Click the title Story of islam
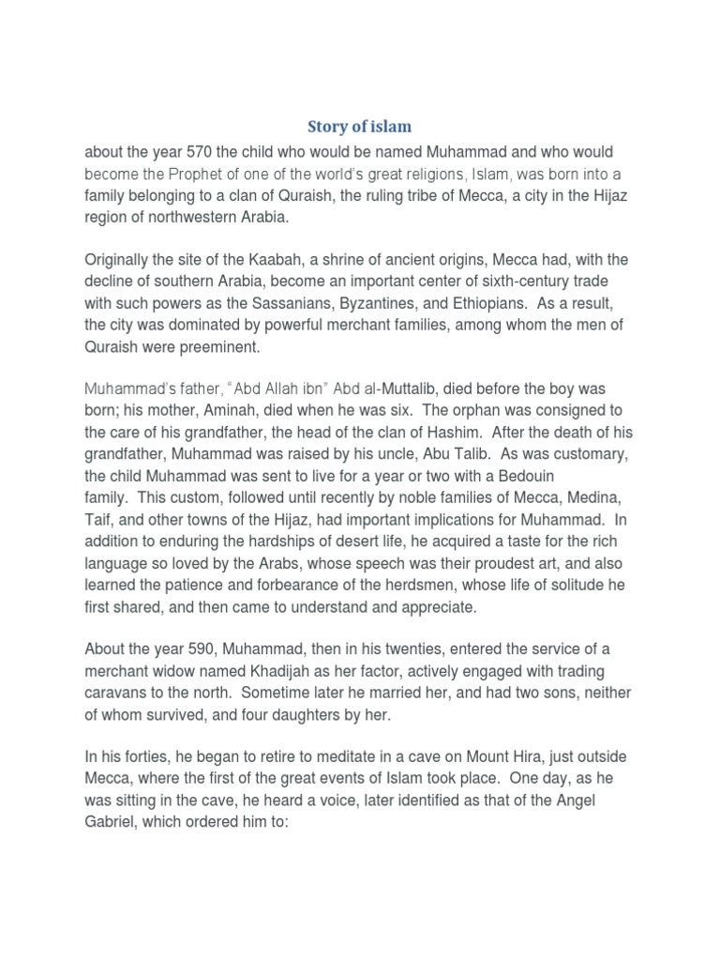click(x=360, y=126)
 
